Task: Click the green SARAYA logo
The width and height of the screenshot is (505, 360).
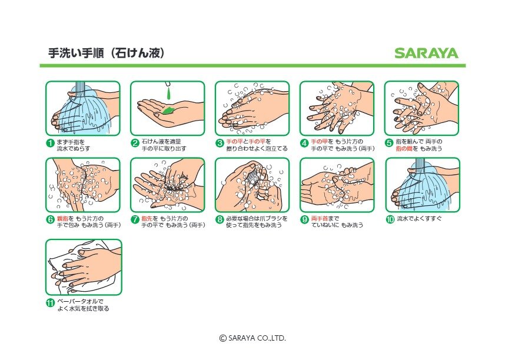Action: coord(426,53)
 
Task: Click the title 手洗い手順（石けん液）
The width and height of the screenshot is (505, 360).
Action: coord(107,53)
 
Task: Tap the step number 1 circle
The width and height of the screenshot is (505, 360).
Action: coord(50,143)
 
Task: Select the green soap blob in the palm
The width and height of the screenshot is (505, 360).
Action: coord(168,111)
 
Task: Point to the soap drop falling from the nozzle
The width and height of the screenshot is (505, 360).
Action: coord(168,93)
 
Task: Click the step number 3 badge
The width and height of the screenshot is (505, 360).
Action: coord(220,143)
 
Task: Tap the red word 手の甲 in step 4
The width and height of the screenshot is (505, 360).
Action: coord(319,142)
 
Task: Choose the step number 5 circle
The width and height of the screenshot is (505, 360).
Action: coord(389,143)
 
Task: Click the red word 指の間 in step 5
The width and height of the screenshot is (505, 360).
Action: coord(404,148)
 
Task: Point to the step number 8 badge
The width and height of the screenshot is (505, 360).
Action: coord(220,219)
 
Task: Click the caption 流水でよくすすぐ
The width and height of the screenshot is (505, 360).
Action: coord(419,219)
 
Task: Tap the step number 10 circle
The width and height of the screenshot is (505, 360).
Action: coord(390,219)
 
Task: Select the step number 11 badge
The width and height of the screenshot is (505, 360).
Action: coord(50,303)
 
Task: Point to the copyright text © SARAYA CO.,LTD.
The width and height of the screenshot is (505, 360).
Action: coord(252,338)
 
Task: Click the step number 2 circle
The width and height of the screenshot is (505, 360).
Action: coord(135,143)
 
